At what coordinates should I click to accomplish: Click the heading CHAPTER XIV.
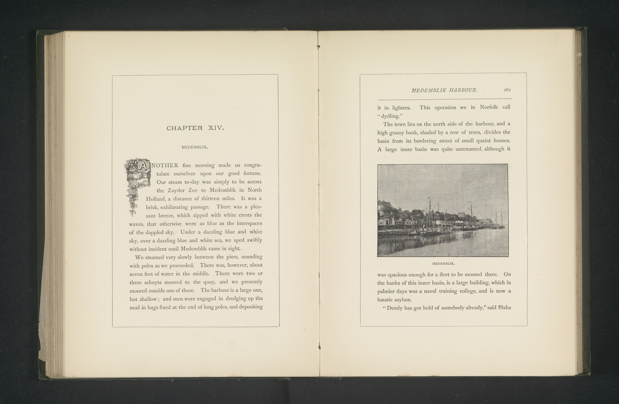click(x=195, y=128)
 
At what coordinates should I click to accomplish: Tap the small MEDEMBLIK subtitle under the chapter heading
click(x=195, y=147)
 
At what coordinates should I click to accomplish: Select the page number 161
click(x=507, y=90)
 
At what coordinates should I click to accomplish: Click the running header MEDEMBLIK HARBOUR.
click(x=444, y=90)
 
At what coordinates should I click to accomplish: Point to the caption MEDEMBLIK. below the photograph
click(x=443, y=264)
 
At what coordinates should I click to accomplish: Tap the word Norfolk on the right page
click(x=489, y=107)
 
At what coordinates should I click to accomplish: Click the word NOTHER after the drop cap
click(x=165, y=165)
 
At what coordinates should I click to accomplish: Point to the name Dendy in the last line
click(x=394, y=308)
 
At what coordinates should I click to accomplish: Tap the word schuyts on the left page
click(x=153, y=282)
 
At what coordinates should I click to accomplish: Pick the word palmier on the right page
click(x=386, y=291)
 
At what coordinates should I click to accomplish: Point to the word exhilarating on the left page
click(x=174, y=207)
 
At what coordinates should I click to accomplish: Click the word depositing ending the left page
click(x=251, y=307)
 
